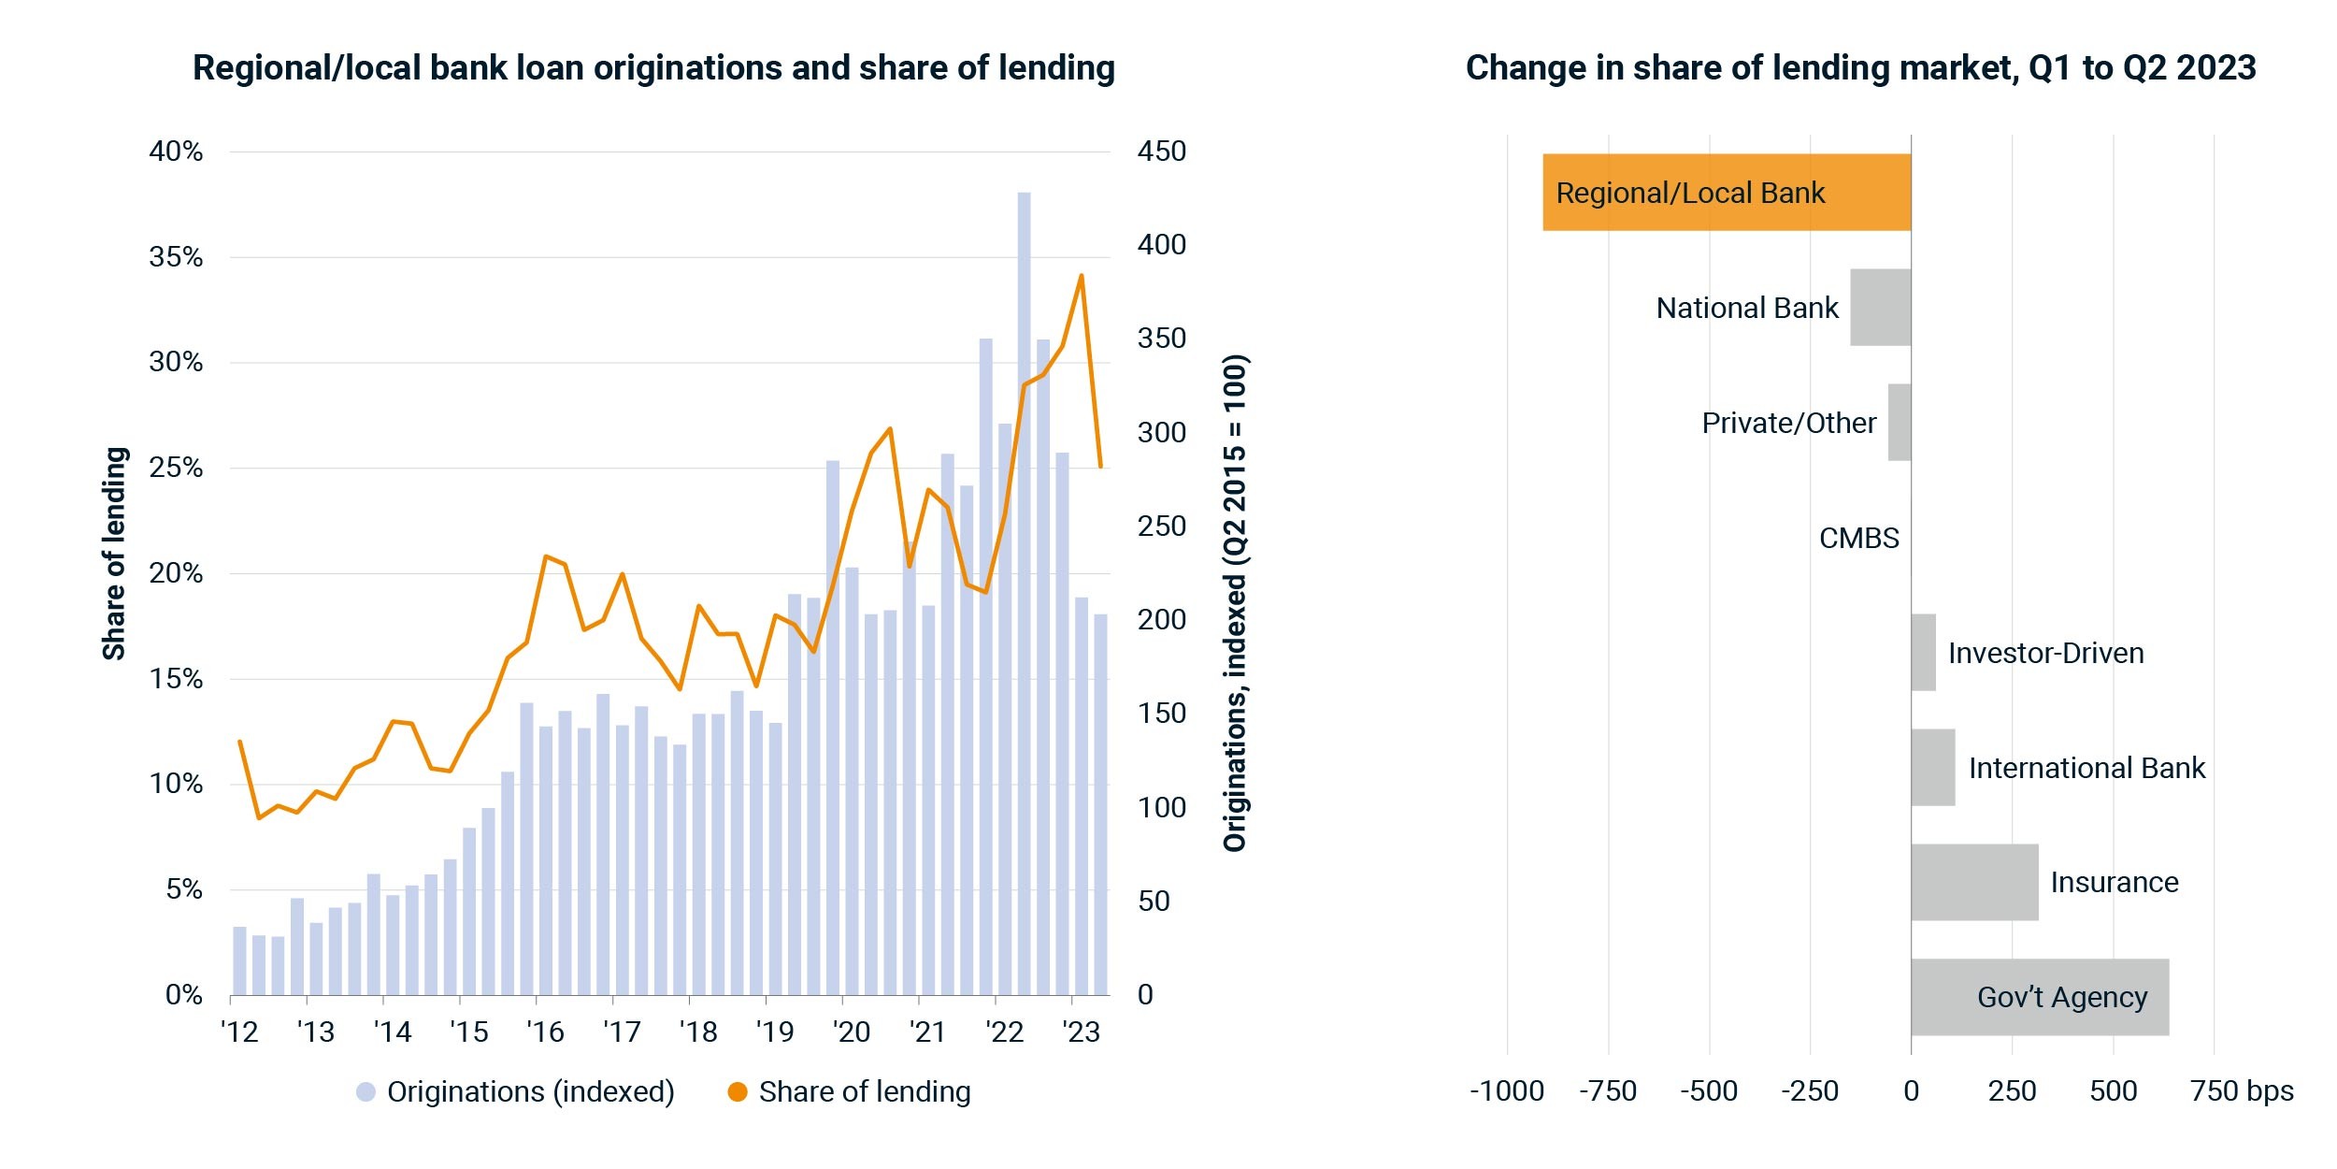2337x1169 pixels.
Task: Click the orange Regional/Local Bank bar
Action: pyautogui.click(x=1727, y=192)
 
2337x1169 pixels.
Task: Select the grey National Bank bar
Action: pyautogui.click(x=1881, y=307)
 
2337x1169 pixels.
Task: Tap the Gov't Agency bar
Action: pyautogui.click(x=2040, y=997)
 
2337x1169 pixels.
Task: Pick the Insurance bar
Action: pyautogui.click(x=1974, y=882)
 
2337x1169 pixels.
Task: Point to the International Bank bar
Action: pyautogui.click(x=1933, y=767)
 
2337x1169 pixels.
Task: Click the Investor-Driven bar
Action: pyautogui.click(x=1924, y=652)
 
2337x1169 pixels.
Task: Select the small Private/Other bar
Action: pyautogui.click(x=1900, y=422)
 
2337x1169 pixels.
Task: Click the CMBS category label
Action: pyautogui.click(x=1858, y=538)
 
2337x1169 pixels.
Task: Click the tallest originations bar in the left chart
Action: pyautogui.click(x=1024, y=593)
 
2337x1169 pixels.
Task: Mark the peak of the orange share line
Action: pyautogui.click(x=1082, y=275)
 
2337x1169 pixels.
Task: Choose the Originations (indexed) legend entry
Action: pyautogui.click(x=515, y=1091)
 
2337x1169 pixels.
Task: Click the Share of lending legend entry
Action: pyautogui.click(x=849, y=1091)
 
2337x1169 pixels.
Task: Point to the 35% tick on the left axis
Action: pyautogui.click(x=176, y=256)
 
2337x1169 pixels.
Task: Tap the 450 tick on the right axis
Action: pyautogui.click(x=1161, y=151)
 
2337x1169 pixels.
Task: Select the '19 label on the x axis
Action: pyautogui.click(x=774, y=1032)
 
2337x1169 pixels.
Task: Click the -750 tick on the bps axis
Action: pyautogui.click(x=1608, y=1090)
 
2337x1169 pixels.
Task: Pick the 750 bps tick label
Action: pyautogui.click(x=2242, y=1090)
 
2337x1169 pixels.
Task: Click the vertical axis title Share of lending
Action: pyautogui.click(x=114, y=553)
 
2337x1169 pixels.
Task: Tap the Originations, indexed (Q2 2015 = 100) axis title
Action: pyautogui.click(x=1235, y=602)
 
